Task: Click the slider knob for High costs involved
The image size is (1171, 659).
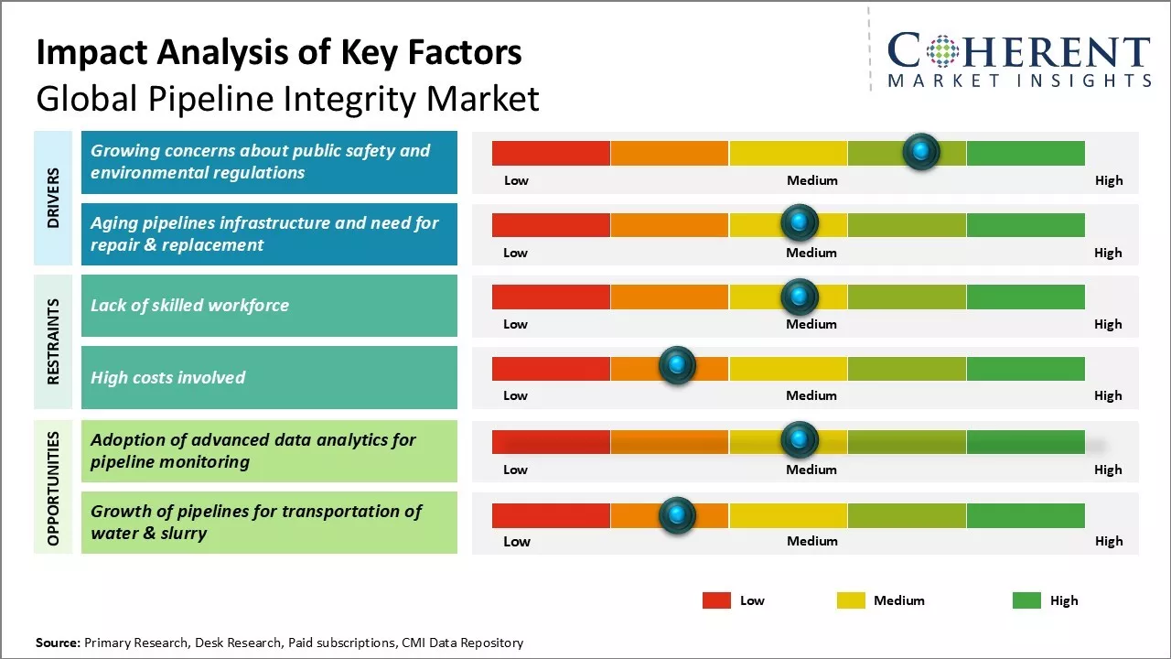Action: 677,366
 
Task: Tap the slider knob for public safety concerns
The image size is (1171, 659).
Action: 921,151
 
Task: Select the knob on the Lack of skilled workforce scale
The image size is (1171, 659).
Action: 800,296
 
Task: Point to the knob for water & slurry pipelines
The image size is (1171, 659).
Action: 677,515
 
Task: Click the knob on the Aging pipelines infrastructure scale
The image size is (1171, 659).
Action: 800,222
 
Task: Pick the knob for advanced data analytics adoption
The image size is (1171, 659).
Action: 800,440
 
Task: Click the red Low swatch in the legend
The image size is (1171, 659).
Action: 716,600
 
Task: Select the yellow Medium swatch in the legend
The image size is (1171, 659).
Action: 851,600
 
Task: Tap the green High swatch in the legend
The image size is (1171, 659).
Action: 1026,600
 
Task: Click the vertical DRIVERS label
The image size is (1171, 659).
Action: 53,198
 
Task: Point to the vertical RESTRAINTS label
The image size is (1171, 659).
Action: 53,341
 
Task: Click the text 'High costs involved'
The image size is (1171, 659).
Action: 167,377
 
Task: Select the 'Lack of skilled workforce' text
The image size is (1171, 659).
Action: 189,306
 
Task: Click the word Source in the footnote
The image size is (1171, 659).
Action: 57,643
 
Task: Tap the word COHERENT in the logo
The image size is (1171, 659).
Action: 1018,51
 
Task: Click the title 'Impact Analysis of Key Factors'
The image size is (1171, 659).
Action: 279,53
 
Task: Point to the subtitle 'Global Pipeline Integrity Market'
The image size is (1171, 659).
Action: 287,99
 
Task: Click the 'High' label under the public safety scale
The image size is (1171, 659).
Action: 1108,180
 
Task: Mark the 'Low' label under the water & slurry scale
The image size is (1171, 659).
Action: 516,541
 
